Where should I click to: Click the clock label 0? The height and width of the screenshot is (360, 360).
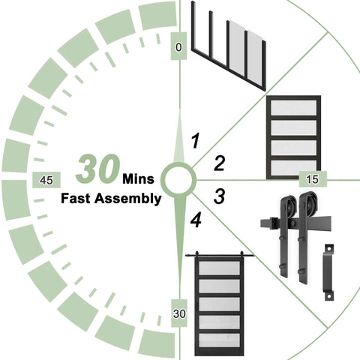178,47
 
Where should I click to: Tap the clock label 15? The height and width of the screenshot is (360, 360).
313,179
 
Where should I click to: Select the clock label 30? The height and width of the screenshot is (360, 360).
179,313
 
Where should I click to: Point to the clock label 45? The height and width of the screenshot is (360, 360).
46,180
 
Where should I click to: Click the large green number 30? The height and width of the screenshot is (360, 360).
97,168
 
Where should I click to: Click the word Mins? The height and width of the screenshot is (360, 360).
138,179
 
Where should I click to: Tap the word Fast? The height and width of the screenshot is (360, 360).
76,199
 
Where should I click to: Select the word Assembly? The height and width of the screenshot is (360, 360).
128,199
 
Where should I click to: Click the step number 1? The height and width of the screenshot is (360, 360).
195,141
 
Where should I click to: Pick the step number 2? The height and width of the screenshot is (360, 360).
220,163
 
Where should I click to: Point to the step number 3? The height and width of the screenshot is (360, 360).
219,196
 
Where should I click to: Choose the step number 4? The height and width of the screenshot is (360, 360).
196,220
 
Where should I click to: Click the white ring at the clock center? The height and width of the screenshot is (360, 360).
178,179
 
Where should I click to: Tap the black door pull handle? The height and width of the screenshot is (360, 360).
329,272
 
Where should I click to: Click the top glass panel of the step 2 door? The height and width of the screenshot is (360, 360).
294,108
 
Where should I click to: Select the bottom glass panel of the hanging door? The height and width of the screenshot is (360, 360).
219,340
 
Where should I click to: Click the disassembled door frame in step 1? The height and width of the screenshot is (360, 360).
229,46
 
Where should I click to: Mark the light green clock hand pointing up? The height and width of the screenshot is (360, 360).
179,136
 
